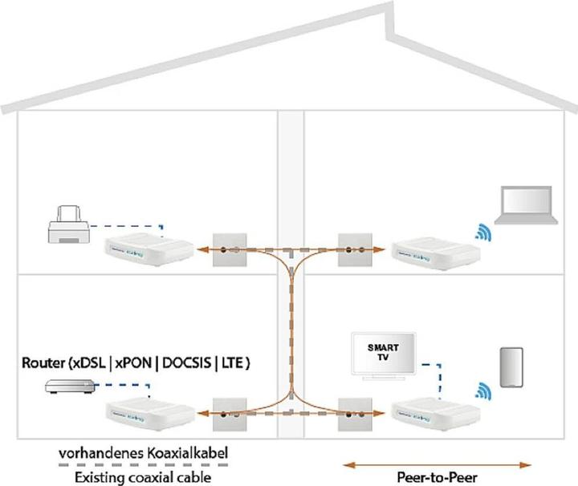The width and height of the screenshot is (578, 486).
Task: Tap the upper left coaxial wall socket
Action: [x=228, y=249]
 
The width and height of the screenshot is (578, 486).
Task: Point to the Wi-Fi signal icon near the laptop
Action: [x=483, y=233]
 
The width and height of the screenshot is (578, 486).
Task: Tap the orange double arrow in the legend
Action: [x=437, y=463]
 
